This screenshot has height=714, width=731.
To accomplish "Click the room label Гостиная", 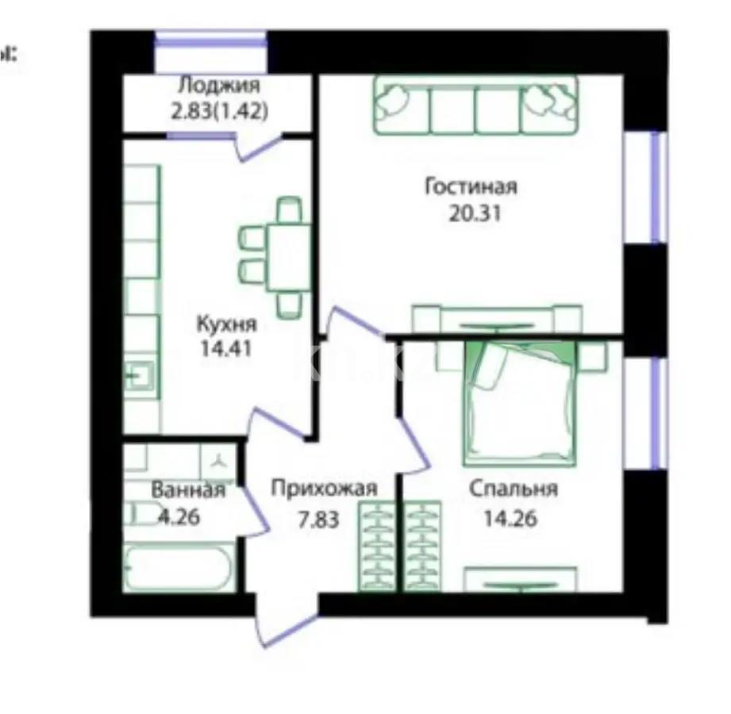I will click(471, 187).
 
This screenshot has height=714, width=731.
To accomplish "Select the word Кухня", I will click(225, 324).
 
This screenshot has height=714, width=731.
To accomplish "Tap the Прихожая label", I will click(324, 488).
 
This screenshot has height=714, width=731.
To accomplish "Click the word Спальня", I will click(513, 489).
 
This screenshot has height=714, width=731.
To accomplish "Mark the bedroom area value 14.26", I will click(511, 519).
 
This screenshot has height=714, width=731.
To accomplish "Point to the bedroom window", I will click(656, 412).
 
